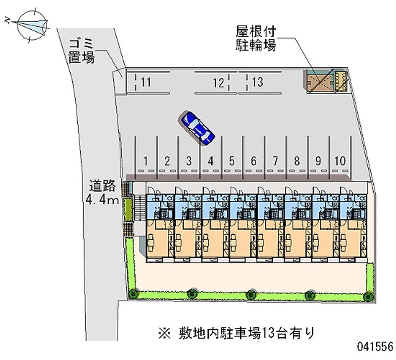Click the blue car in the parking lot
pyautogui.click(x=197, y=127)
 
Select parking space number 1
pyautogui.click(x=146, y=160)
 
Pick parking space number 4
pyautogui.click(x=211, y=160)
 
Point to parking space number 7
pyautogui.click(x=275, y=160)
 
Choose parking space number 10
pyautogui.click(x=340, y=160)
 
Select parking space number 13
pyautogui.click(x=257, y=82)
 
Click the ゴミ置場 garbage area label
pyautogui.click(x=82, y=50)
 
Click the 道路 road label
pyautogui.click(x=103, y=187)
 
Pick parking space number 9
pyautogui.click(x=318, y=160)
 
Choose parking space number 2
pyautogui.click(x=167, y=160)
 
